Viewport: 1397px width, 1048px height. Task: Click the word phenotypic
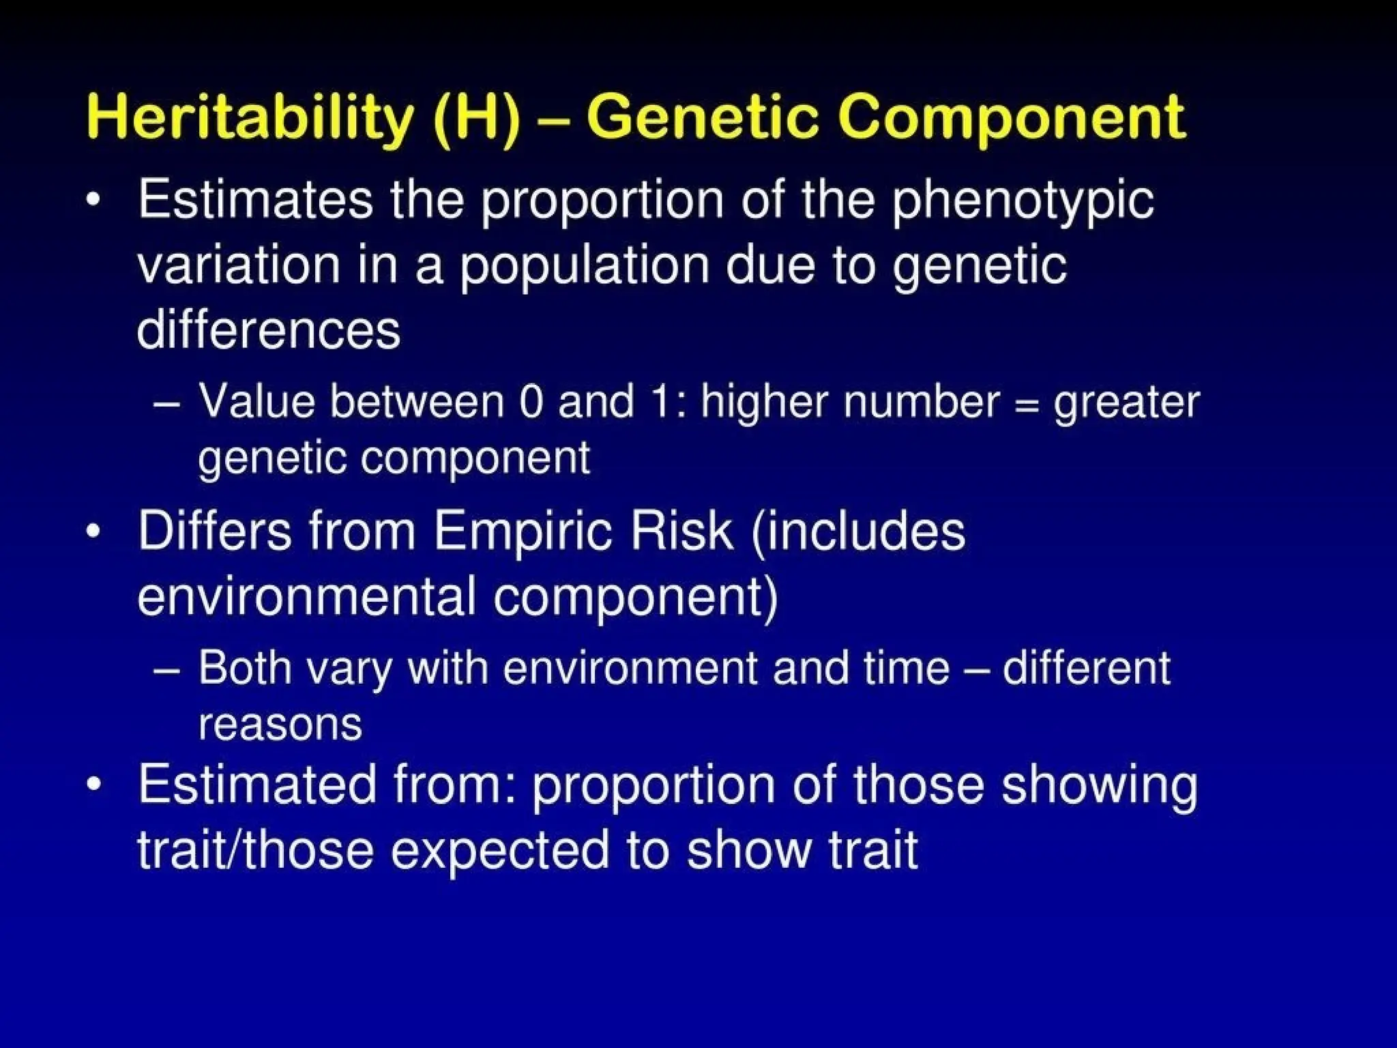(x=1023, y=202)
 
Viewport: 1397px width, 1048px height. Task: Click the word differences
(x=268, y=330)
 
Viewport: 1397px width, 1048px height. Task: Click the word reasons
(x=280, y=725)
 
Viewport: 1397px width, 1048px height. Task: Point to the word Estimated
(x=257, y=785)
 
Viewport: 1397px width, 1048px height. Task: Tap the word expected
(x=499, y=850)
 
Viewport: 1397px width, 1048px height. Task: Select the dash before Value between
(x=167, y=403)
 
